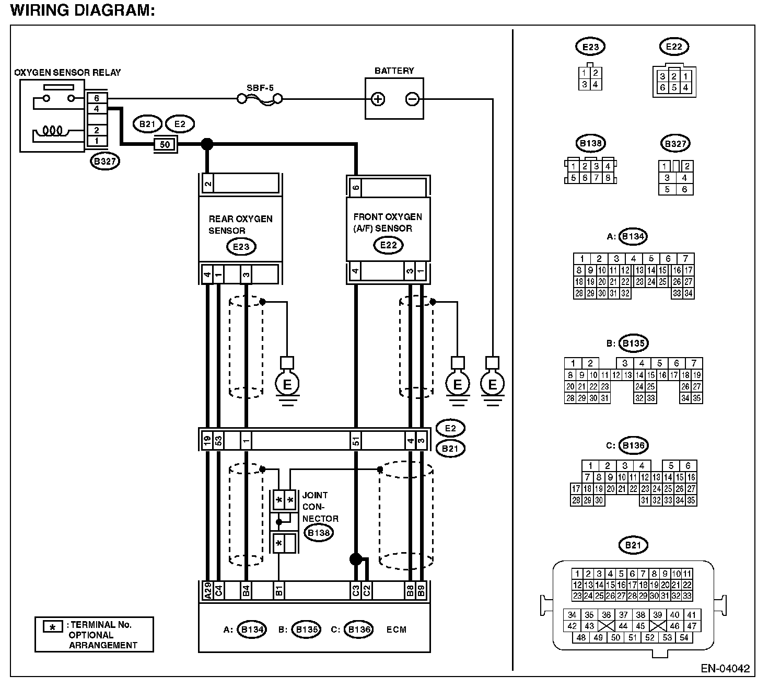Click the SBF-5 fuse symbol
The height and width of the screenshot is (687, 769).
point(260,99)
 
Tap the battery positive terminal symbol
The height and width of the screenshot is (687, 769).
point(378,99)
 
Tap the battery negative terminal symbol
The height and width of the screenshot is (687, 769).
point(412,99)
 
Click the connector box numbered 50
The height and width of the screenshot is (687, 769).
point(165,144)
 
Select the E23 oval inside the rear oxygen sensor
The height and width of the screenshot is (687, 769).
point(241,247)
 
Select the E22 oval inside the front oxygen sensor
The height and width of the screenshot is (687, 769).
point(388,245)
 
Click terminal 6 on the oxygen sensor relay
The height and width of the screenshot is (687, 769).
point(97,98)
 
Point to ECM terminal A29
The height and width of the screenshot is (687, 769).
point(207,591)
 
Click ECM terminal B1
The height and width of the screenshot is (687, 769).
point(279,591)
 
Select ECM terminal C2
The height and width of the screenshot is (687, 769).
point(367,591)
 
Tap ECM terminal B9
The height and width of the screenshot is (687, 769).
point(421,591)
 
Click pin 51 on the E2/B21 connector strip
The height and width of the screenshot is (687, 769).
point(356,441)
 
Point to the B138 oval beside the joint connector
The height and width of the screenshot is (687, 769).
point(319,533)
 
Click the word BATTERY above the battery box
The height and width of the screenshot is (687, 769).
point(394,71)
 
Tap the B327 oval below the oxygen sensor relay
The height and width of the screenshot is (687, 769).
point(105,161)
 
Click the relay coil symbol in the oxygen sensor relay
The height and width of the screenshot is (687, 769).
point(53,131)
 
